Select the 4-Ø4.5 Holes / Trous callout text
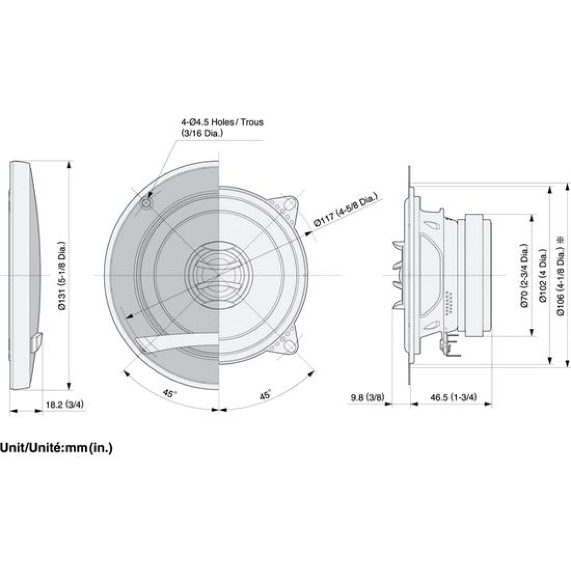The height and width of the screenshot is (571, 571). tap(222, 122)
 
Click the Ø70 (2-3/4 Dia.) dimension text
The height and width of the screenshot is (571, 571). tap(524, 276)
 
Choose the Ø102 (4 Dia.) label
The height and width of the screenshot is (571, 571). tap(542, 276)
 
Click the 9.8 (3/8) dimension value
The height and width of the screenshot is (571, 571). tap(367, 397)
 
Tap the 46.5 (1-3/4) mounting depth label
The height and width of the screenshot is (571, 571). tap(453, 397)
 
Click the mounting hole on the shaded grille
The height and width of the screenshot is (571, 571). tap(147, 203)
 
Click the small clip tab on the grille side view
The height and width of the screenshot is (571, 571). tap(37, 343)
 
